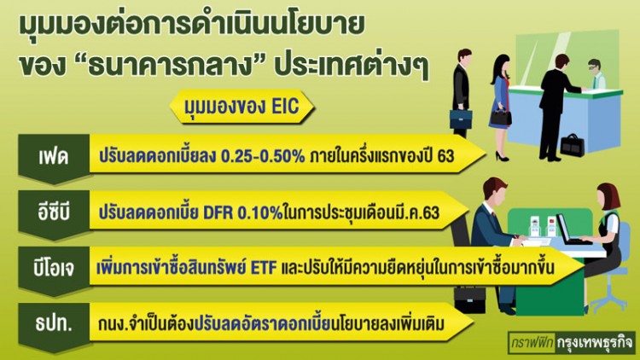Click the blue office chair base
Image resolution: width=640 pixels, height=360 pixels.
click(611, 302)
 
